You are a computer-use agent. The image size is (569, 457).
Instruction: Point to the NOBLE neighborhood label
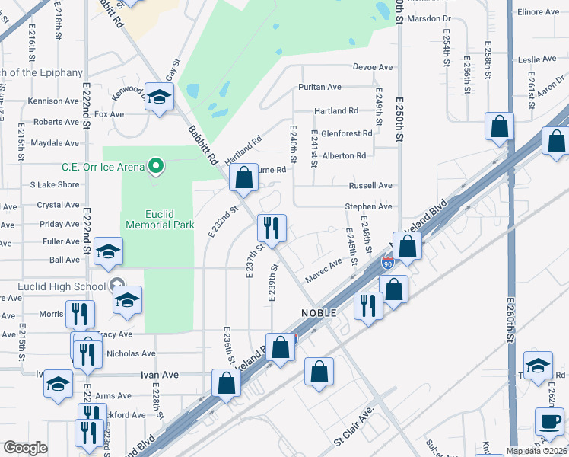[319, 314]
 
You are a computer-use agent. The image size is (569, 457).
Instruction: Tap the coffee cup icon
[550, 420]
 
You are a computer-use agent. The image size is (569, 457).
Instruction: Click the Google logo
[25, 448]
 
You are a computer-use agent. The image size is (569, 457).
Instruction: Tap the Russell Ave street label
[370, 185]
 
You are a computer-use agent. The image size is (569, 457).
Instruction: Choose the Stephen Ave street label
[368, 206]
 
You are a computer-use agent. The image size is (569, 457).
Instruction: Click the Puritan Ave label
[319, 88]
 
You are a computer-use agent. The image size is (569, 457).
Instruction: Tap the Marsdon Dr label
[429, 18]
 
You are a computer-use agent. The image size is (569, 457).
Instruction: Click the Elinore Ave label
[538, 12]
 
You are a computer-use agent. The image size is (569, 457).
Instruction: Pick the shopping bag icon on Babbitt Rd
[243, 178]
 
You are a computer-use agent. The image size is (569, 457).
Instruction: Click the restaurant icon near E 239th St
[271, 226]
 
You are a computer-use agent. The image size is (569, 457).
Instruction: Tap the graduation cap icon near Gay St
[160, 97]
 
